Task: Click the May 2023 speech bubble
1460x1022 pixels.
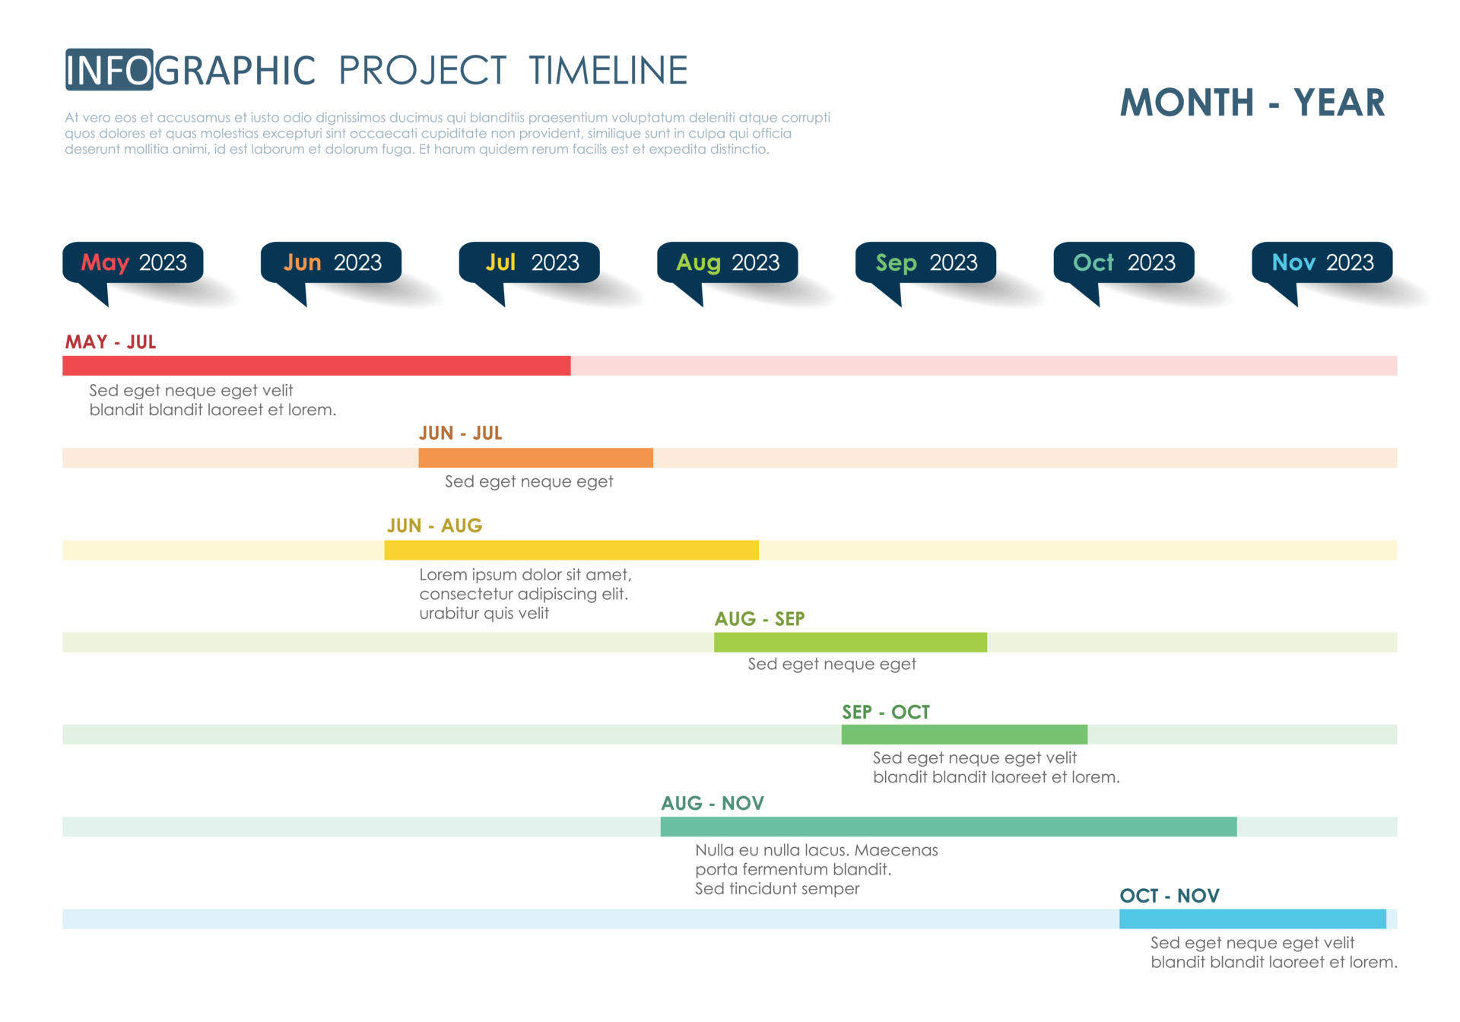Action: tap(133, 263)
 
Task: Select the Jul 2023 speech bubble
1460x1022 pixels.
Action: tap(529, 263)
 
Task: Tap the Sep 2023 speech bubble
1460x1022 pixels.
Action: tap(925, 263)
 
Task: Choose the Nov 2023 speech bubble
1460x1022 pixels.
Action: tap(1322, 263)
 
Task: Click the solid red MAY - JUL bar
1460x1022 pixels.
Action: tap(316, 366)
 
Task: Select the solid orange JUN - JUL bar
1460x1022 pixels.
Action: tap(535, 458)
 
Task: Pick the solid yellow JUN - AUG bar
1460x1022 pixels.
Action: tap(571, 550)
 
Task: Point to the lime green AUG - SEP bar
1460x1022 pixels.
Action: tap(850, 643)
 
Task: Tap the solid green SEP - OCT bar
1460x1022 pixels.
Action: tap(964, 735)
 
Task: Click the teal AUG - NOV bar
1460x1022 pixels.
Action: tap(948, 827)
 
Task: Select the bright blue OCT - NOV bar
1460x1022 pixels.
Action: tap(1252, 919)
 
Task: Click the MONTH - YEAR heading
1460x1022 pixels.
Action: tap(1252, 103)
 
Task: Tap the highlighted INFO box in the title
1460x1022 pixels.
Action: tap(109, 70)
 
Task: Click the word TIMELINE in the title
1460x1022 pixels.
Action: tap(608, 71)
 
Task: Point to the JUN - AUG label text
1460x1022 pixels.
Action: tap(434, 525)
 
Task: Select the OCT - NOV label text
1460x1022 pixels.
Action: tap(1169, 896)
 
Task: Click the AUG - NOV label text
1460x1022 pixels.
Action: tap(712, 804)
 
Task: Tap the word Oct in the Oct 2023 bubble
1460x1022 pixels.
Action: tap(1093, 263)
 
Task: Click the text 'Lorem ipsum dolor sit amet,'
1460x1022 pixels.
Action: tap(525, 575)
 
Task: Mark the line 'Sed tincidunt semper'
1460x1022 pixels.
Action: tap(776, 889)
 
